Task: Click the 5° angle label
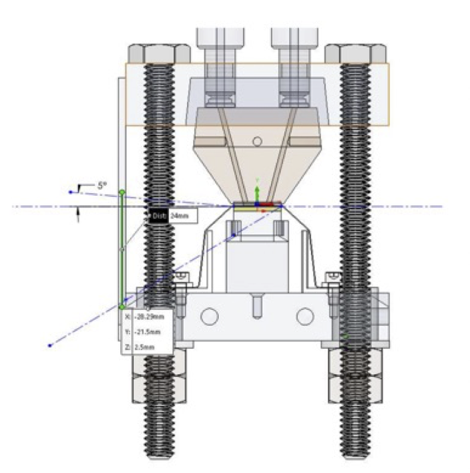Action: click(x=101, y=186)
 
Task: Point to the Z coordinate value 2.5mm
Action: click(x=146, y=347)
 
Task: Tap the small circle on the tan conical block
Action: click(x=257, y=141)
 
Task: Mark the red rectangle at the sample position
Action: click(x=267, y=204)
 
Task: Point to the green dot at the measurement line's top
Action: click(x=122, y=192)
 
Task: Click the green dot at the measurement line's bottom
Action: click(x=122, y=306)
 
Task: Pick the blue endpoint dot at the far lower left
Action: click(x=50, y=345)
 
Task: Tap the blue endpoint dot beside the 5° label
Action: click(x=70, y=192)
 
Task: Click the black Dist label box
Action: click(x=158, y=216)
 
